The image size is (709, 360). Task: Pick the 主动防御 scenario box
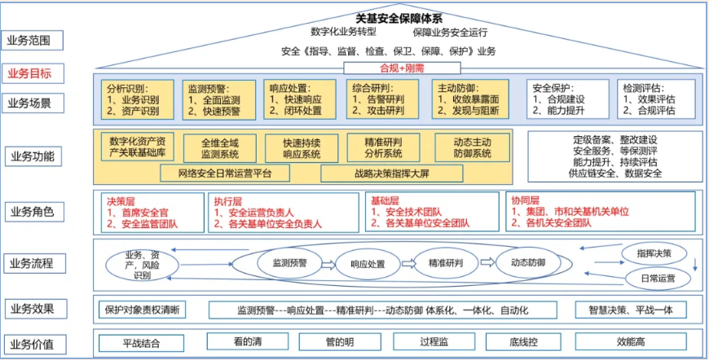[x=466, y=99]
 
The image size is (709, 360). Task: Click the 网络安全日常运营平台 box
[x=227, y=173]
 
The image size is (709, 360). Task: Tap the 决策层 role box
[x=151, y=212]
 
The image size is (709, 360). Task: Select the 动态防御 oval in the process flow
[x=527, y=263]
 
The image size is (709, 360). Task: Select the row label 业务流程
[x=30, y=262]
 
